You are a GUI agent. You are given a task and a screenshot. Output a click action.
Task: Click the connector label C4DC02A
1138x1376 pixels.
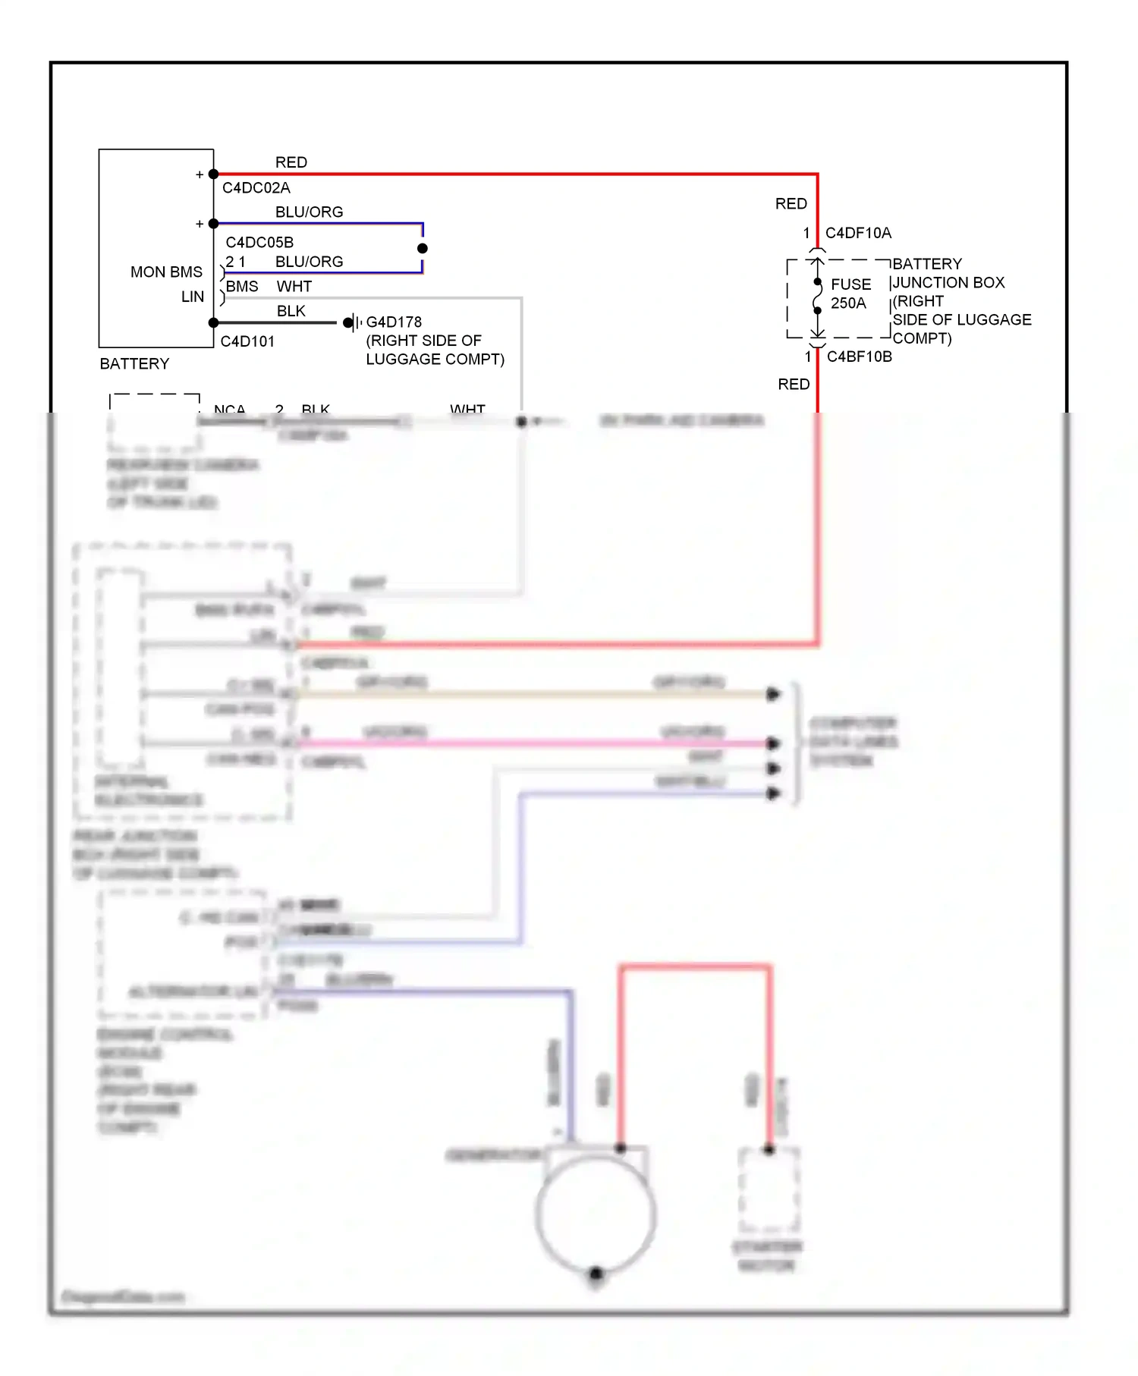(256, 187)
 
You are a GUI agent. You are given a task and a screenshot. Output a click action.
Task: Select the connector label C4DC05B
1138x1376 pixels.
(259, 242)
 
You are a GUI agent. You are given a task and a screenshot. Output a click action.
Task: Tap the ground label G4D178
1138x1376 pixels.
(394, 322)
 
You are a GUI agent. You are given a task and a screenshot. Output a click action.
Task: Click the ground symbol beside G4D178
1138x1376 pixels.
(352, 322)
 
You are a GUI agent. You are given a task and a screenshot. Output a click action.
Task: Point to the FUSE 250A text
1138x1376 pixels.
(850, 294)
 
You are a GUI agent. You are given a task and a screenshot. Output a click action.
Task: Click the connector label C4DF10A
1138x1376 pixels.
(858, 233)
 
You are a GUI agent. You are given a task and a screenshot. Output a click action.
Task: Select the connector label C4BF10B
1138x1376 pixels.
(859, 357)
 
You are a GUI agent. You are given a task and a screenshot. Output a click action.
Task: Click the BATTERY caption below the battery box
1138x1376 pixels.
(134, 363)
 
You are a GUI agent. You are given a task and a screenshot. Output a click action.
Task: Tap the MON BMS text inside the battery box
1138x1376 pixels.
(166, 272)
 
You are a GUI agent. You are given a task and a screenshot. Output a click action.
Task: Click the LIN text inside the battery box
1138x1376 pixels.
(193, 297)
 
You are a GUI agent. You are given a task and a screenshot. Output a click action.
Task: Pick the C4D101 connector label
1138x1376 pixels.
(247, 341)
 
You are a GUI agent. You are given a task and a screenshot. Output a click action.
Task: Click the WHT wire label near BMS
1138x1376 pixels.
(294, 286)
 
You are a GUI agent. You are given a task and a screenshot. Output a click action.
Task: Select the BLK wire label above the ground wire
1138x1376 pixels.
(291, 311)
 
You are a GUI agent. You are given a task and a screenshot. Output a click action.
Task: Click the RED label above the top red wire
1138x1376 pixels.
(291, 162)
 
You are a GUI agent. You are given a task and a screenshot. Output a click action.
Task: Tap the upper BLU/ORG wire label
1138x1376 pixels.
(309, 212)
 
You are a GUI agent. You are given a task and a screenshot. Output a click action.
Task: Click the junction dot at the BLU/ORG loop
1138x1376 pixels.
(423, 248)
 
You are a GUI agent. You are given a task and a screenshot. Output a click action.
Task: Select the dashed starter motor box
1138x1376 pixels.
(769, 1189)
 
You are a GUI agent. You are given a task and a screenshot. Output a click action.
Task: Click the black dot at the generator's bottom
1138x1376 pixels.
(596, 1273)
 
